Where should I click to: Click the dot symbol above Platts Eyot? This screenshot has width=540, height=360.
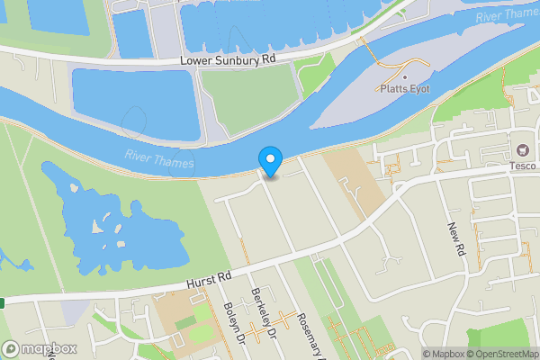[x=405, y=75]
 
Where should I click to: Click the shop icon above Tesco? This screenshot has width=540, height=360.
[x=521, y=149]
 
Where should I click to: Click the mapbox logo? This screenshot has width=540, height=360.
[x=40, y=348]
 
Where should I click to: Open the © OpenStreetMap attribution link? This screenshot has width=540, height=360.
[x=501, y=354]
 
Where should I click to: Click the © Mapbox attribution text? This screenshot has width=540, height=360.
[x=443, y=354]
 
